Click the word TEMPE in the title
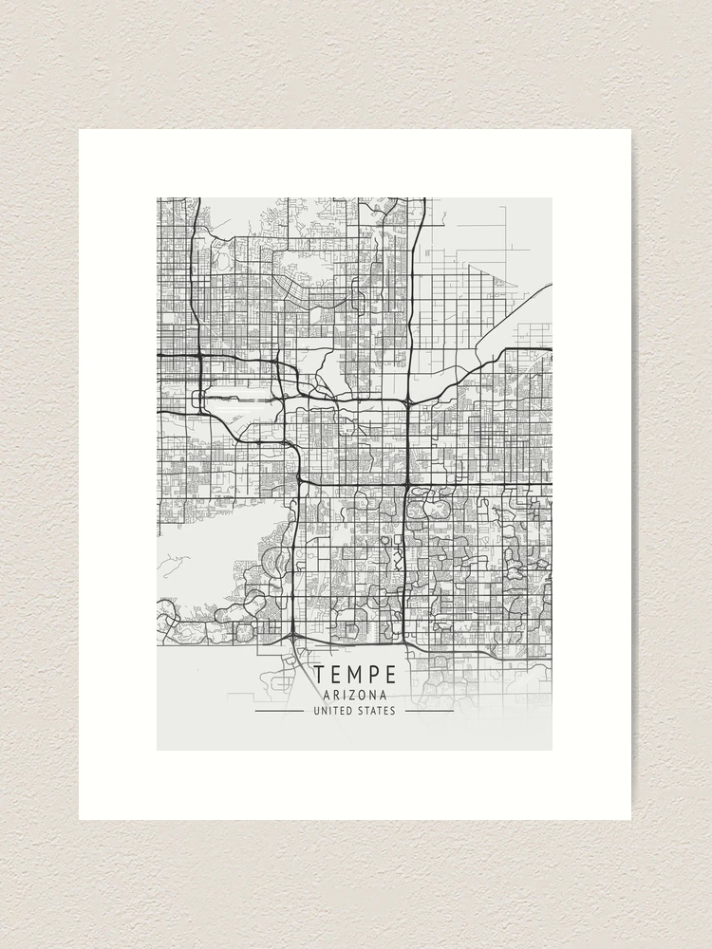pos(355,675)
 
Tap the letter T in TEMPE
pos(320,675)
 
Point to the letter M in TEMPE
pos(356,675)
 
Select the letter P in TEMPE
pos(374,675)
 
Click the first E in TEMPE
pos(337,675)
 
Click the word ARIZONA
pos(355,695)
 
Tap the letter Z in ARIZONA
pos(355,695)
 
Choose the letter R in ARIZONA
pos(336,695)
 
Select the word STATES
pos(377,711)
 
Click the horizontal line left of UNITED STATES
pos(280,711)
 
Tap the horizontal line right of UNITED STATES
pos(429,711)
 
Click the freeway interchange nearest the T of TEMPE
pos(294,634)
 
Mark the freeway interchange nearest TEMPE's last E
pos(407,642)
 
